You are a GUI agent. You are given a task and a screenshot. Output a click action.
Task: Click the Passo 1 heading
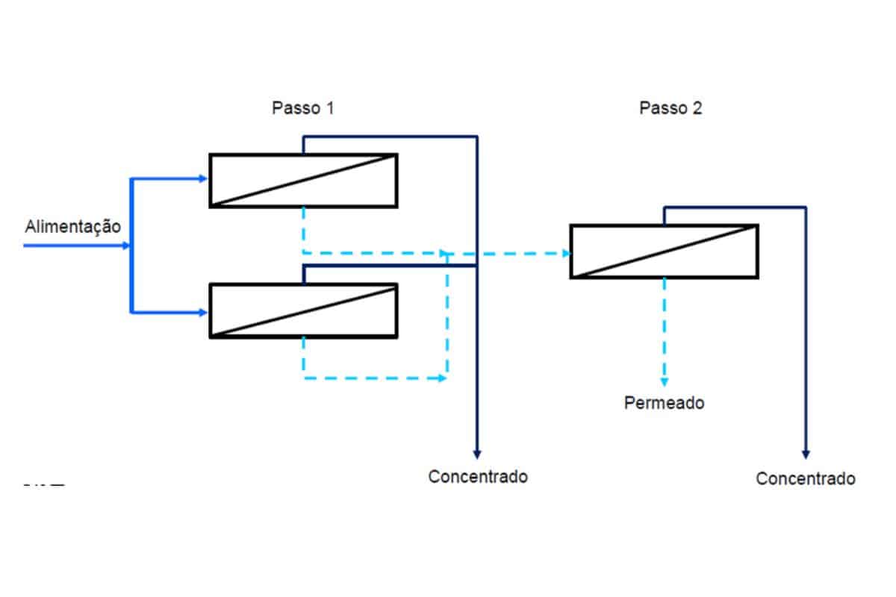[x=302, y=108]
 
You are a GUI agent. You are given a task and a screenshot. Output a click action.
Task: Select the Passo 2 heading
[x=671, y=108]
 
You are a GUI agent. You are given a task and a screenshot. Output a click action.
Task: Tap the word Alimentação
[x=72, y=226]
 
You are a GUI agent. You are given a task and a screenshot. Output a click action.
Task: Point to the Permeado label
[x=664, y=403]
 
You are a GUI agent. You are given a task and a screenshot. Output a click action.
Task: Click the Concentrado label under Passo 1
[x=478, y=476]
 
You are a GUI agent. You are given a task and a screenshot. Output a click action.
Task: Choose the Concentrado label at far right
[x=806, y=478]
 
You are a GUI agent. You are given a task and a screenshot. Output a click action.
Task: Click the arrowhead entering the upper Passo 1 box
[x=203, y=179]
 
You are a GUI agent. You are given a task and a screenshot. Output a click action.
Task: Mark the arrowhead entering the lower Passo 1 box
[x=203, y=313]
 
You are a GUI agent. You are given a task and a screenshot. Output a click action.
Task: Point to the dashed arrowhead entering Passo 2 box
[x=565, y=254]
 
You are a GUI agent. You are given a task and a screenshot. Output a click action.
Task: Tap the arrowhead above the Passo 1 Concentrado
[x=478, y=453]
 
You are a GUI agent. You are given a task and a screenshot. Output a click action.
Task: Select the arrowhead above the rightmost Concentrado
[x=806, y=453]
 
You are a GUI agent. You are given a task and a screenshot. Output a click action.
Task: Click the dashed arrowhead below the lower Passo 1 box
[x=442, y=378]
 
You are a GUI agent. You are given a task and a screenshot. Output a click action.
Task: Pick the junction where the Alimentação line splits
[x=131, y=245]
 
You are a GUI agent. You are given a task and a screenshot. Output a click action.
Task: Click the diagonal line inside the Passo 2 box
[x=664, y=251]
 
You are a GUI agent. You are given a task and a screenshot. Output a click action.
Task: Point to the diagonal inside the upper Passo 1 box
[x=303, y=180]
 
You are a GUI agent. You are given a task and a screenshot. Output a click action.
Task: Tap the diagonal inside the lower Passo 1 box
[x=303, y=310]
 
